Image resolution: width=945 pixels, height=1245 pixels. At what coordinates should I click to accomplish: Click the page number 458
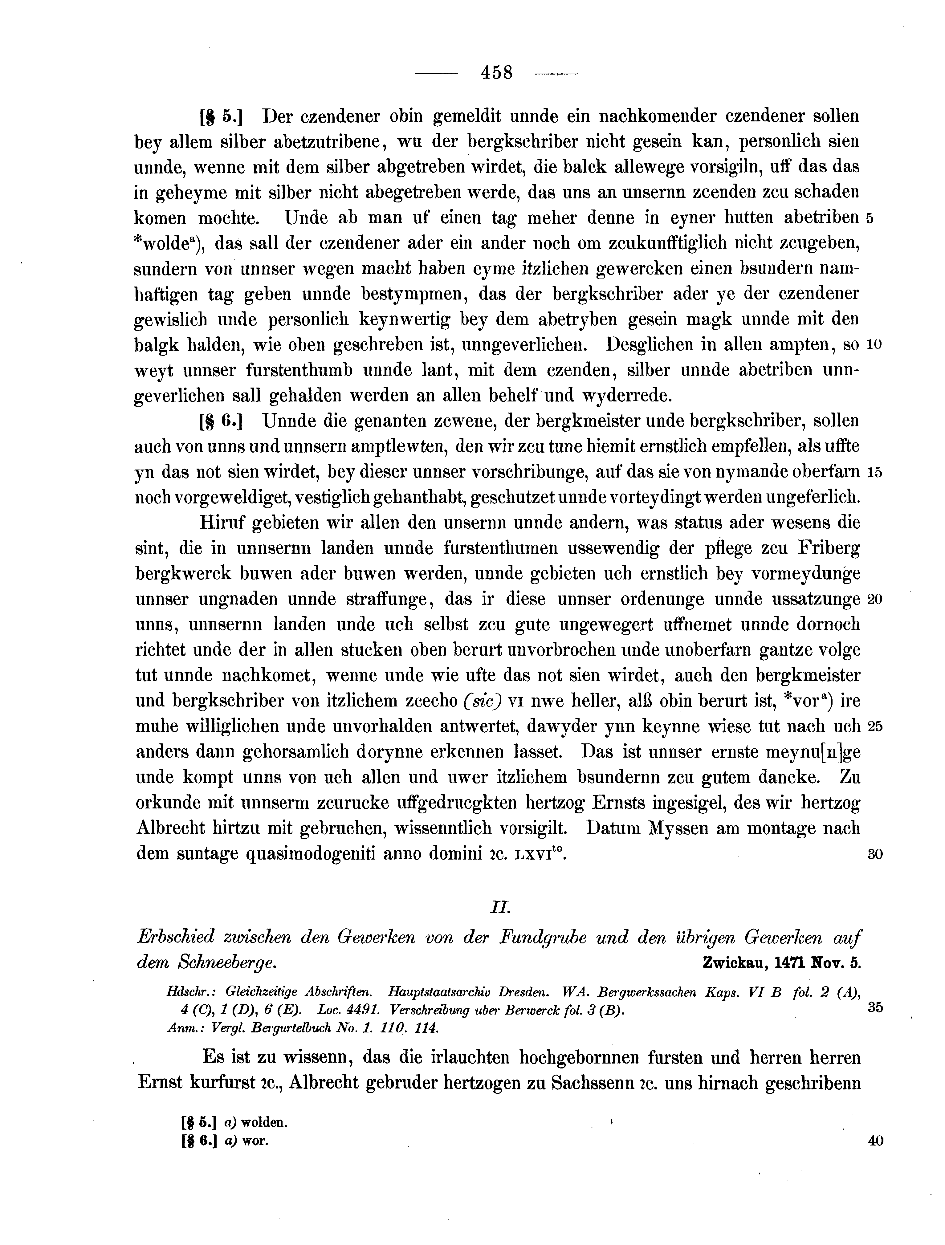(x=496, y=73)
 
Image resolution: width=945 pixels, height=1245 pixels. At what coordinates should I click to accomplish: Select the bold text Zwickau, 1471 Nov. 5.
(x=782, y=962)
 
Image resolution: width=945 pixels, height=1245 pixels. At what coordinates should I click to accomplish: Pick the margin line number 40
(x=875, y=1141)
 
